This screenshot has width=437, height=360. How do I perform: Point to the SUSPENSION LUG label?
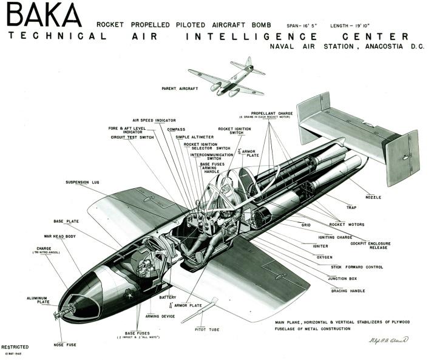click(x=83, y=182)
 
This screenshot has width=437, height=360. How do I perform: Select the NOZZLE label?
click(x=374, y=197)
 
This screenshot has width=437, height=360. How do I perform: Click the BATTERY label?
click(x=151, y=297)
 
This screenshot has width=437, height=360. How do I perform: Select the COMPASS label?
click(x=176, y=129)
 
